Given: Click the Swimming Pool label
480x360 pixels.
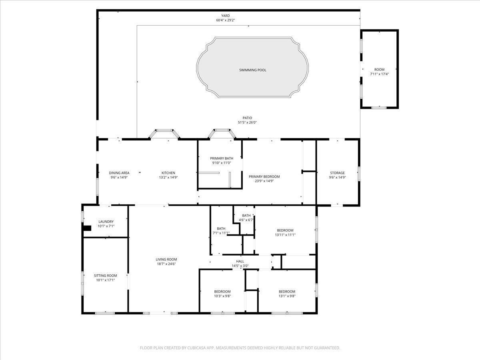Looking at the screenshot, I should click(x=252, y=70).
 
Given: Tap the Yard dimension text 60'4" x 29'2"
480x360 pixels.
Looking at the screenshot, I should click(x=225, y=20).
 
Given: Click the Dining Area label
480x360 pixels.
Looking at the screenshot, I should click(x=119, y=173).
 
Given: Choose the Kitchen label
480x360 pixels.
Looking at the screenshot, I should click(x=168, y=173).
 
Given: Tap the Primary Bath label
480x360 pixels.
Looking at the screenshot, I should click(x=222, y=158).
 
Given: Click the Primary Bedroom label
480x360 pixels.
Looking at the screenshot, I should click(x=264, y=176).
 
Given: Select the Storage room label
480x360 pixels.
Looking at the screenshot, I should click(x=337, y=173).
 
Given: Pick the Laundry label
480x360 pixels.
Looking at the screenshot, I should click(x=106, y=222).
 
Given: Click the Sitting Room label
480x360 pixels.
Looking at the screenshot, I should click(x=106, y=276).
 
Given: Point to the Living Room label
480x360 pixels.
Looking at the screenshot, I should click(x=166, y=259).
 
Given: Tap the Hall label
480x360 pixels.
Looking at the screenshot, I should click(x=240, y=261).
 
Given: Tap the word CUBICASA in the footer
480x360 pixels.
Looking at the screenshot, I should click(x=198, y=348).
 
